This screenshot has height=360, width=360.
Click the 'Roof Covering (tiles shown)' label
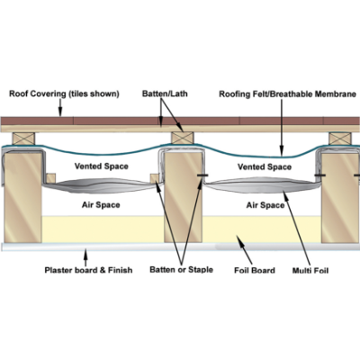coord(64,94)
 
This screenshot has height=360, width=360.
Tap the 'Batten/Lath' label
coord(165,94)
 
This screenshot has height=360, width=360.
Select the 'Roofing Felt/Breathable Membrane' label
coord(287,94)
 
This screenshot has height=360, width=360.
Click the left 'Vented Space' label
coord(102,166)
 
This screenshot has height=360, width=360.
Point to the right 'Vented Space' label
coord(265,166)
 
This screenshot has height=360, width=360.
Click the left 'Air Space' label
coord(101,205)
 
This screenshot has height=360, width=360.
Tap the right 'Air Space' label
coord(265,205)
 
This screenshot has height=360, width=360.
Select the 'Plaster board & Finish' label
coord(88,270)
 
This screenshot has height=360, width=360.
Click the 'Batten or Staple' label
coord(181,270)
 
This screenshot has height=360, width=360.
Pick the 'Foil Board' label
coord(255,271)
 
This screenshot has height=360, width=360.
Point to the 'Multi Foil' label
coord(310,271)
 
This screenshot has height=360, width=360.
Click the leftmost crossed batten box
coord(23,139)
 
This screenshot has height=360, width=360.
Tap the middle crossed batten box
coord(183,138)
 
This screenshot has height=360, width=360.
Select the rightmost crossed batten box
coord(340,139)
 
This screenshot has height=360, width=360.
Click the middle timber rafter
coord(183,197)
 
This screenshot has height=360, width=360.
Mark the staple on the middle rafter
coord(202,175)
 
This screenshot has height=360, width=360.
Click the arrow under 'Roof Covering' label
coord(60,107)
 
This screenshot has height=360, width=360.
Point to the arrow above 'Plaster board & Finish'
coord(85,256)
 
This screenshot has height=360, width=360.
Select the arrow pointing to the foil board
coord(244,250)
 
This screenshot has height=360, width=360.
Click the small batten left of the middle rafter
coord(155,178)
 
